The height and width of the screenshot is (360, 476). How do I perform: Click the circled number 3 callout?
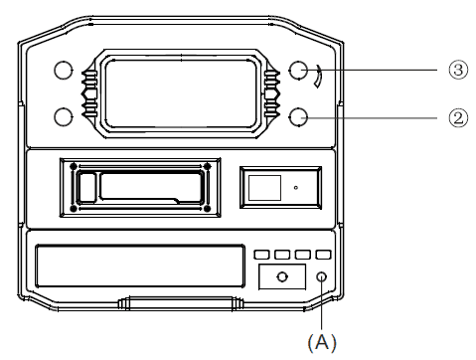click(x=458, y=70)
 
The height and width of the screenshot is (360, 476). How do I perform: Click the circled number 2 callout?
click(x=458, y=118)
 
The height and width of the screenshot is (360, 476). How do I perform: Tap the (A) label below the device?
click(x=322, y=342)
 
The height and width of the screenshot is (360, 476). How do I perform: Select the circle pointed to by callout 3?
click(x=298, y=70)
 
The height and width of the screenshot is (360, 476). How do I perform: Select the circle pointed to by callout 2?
click(x=298, y=117)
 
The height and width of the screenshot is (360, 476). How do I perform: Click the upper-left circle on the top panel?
click(x=63, y=70)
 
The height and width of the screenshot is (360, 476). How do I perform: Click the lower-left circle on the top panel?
click(x=63, y=117)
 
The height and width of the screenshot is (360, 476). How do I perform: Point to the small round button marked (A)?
click(x=321, y=276)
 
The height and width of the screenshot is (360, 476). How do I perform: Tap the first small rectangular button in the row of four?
click(x=261, y=255)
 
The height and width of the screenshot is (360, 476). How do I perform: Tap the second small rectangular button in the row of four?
click(x=282, y=255)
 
